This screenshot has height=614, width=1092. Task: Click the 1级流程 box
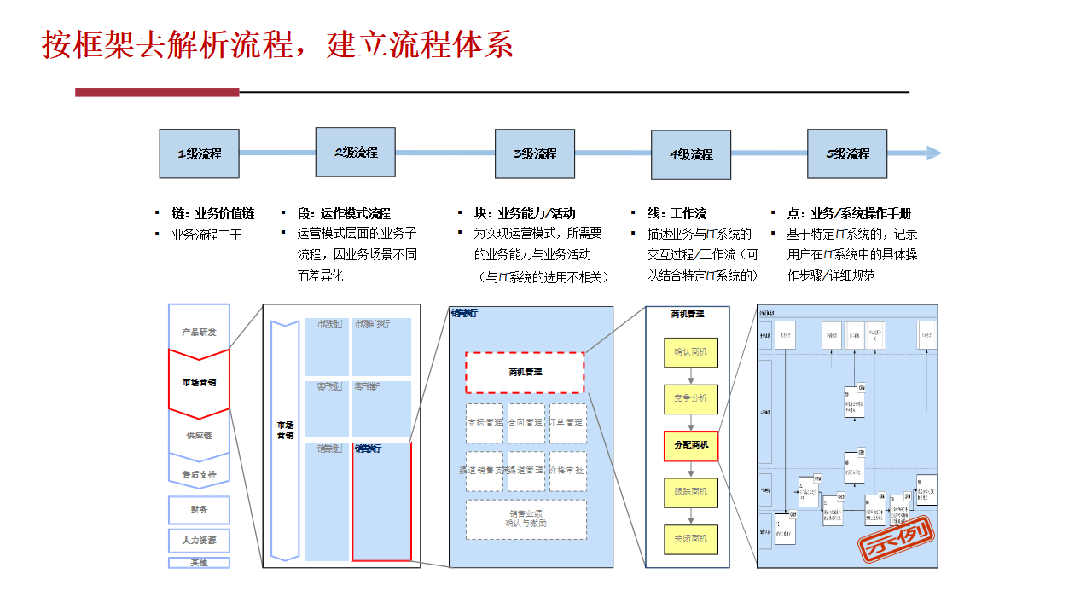point(199,153)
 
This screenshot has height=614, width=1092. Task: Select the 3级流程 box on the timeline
point(535,153)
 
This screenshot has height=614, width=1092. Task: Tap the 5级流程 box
point(847,153)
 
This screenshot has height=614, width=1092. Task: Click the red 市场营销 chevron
point(199,383)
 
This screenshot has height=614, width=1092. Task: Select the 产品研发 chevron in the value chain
point(199,331)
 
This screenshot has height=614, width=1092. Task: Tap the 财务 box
point(199,510)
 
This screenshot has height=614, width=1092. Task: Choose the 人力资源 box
point(199,541)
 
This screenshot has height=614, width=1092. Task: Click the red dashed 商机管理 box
point(525,372)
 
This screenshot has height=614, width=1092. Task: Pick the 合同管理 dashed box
point(526,423)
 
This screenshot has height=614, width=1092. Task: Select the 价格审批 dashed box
point(567,471)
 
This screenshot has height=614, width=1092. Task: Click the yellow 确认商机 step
point(690,352)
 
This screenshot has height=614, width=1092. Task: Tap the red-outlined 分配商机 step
point(690,445)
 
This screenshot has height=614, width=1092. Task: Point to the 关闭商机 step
point(690,539)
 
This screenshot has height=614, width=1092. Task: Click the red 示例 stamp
point(896,536)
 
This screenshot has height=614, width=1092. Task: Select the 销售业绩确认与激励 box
point(526,518)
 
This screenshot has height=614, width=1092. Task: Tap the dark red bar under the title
point(157,92)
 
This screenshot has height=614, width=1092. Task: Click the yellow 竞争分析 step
point(690,398)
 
